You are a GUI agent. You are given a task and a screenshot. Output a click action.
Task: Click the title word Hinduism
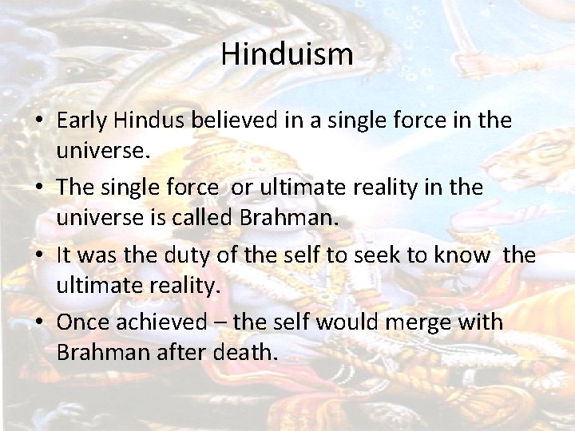coord(287,54)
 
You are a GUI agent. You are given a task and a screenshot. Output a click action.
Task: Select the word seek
coord(368,255)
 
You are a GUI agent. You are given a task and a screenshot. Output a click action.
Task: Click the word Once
coord(85,323)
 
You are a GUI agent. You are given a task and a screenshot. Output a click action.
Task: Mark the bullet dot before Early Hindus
coord(38,121)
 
